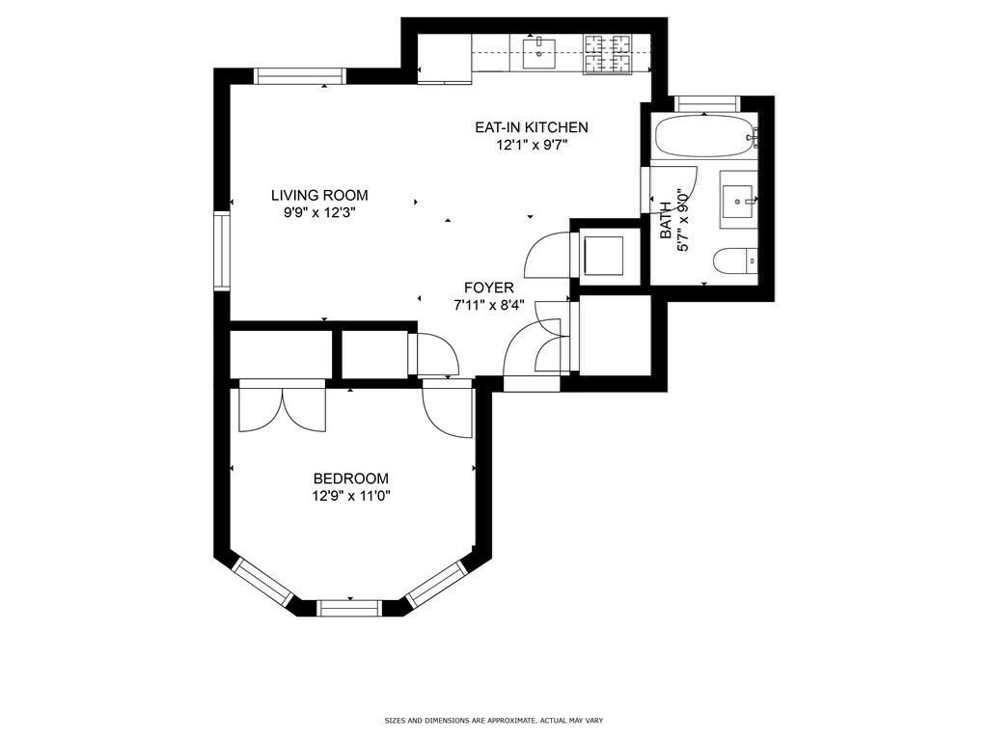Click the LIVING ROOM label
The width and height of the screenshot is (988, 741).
click(319, 195)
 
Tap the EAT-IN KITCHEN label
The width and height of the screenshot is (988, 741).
click(532, 127)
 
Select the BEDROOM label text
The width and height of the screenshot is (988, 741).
click(351, 479)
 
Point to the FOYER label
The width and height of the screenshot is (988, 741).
click(489, 288)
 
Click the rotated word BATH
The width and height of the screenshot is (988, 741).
click(666, 221)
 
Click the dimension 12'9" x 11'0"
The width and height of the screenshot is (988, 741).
click(351, 496)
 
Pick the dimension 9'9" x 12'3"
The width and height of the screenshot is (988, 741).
click(319, 213)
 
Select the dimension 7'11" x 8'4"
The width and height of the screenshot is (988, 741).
click(489, 306)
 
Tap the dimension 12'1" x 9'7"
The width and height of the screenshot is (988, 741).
click(532, 145)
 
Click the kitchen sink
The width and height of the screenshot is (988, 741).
click(539, 54)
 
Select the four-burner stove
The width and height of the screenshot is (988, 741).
click(608, 54)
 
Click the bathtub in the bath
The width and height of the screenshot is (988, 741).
click(705, 136)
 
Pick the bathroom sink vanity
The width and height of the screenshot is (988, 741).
click(738, 199)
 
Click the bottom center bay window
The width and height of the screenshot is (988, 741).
click(349, 608)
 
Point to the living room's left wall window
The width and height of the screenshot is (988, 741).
click(222, 252)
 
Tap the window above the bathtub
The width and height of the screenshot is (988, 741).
click(705, 104)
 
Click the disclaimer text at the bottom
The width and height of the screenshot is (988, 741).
click(494, 720)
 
